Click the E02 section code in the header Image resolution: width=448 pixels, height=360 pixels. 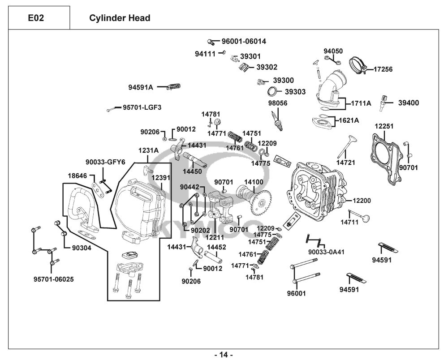(36, 18)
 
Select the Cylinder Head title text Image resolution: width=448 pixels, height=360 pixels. (120, 18)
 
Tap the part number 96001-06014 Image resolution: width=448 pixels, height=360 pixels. (244, 41)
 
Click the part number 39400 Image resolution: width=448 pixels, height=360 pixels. (409, 103)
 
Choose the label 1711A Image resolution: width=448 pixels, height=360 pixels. (361, 103)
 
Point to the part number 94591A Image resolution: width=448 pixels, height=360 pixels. (141, 87)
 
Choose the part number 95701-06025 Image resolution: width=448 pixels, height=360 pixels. (54, 279)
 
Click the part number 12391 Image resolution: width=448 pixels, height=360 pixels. (161, 178)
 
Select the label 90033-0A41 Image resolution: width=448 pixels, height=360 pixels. (326, 252)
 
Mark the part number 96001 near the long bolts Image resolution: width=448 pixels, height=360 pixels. (296, 294)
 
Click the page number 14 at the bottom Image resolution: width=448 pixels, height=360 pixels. (224, 355)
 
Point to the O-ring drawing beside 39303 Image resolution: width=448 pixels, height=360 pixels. (271, 92)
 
